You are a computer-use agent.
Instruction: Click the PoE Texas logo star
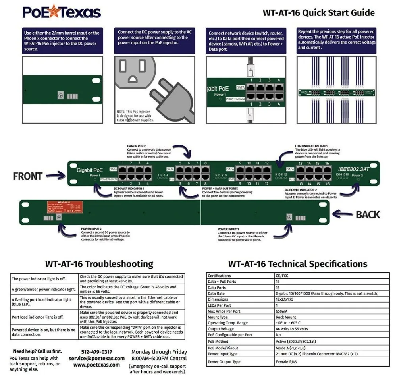(54, 12)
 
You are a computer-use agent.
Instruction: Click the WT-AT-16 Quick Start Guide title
(318, 13)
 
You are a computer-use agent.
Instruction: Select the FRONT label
(28, 176)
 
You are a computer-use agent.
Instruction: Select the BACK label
(368, 215)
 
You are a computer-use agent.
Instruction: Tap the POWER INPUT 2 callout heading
(92, 229)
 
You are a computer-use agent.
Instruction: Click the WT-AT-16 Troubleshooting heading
(99, 264)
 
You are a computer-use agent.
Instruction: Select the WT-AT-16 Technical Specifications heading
(298, 264)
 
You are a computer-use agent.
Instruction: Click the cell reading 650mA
(282, 311)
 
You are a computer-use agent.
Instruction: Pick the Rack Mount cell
(285, 317)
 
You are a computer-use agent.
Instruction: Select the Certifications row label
(219, 276)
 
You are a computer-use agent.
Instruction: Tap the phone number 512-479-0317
(96, 352)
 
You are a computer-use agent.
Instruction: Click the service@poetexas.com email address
(96, 358)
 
